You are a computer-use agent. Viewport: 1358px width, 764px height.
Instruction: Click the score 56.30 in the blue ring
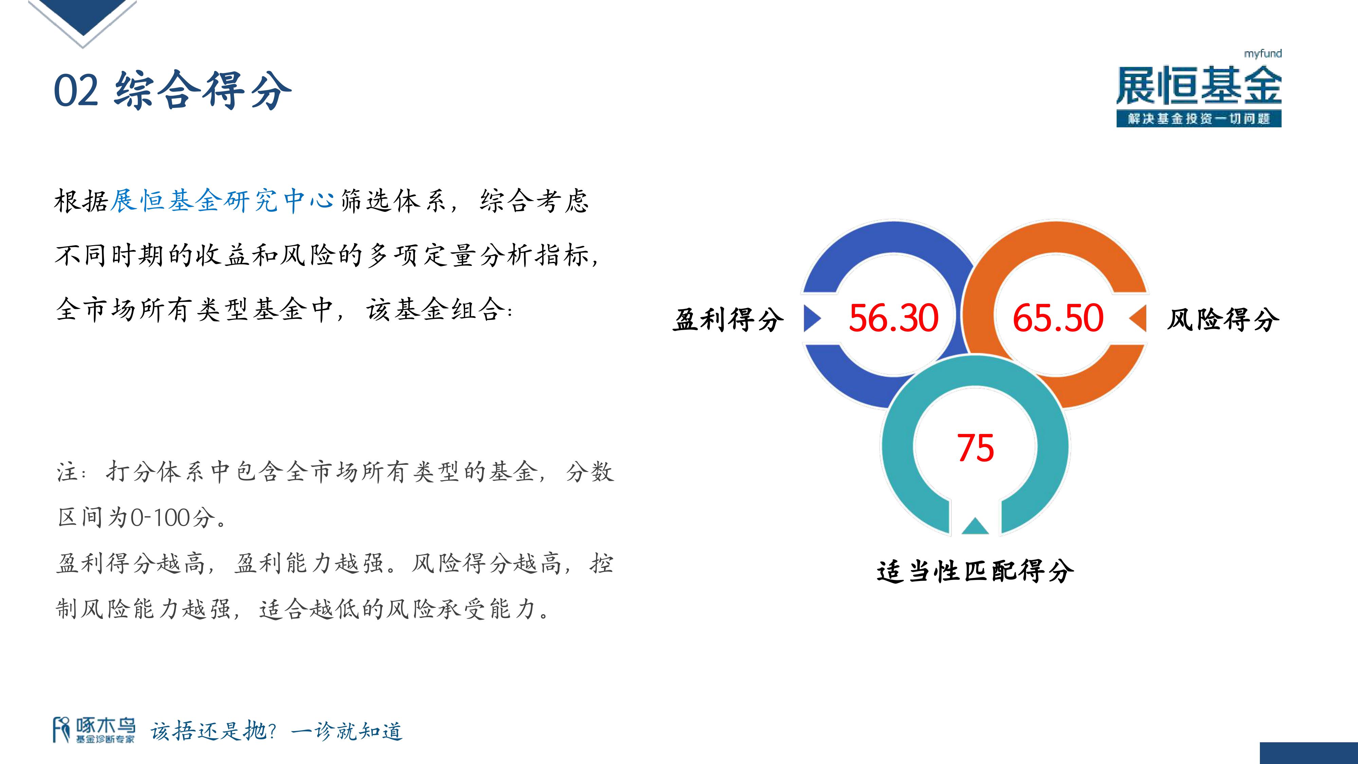pyautogui.click(x=894, y=318)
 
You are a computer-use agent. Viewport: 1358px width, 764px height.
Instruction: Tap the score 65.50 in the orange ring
pyautogui.click(x=1058, y=318)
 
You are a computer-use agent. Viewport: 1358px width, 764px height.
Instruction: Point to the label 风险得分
pyautogui.click(x=1223, y=319)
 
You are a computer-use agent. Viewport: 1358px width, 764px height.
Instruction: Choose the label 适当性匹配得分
pyautogui.click(x=975, y=570)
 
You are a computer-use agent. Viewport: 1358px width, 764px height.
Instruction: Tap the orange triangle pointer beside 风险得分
pyautogui.click(x=1138, y=319)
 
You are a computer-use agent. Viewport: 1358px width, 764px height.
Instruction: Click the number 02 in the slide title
pyautogui.click(x=76, y=90)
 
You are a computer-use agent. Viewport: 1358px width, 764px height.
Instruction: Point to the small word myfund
pyautogui.click(x=1263, y=54)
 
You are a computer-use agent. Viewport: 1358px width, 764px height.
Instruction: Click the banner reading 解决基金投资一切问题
pyautogui.click(x=1199, y=119)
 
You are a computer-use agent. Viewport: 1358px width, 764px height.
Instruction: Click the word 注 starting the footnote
pyautogui.click(x=68, y=471)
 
